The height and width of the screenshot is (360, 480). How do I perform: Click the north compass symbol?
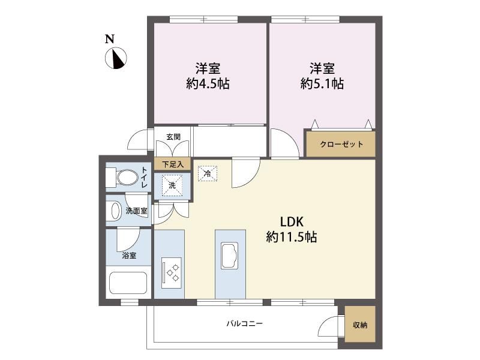point(116,58)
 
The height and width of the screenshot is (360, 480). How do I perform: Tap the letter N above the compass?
point(110,39)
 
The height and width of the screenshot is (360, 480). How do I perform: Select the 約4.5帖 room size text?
point(208,83)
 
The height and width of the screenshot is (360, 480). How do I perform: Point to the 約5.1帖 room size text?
point(322,83)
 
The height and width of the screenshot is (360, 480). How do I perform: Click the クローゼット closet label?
point(341,144)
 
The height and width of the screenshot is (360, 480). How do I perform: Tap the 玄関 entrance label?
point(173,137)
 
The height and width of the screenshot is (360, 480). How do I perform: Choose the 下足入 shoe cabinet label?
point(173,164)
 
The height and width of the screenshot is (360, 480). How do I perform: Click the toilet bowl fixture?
point(122,178)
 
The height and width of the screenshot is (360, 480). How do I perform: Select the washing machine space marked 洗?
point(172,185)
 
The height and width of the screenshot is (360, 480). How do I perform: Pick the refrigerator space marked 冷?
point(208,173)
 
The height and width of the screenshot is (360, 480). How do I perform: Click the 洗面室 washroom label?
point(137,211)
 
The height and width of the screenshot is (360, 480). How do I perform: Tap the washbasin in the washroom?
point(116,211)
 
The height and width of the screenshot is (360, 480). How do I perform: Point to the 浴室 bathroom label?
point(129,256)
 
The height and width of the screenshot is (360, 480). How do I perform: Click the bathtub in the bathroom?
point(128,283)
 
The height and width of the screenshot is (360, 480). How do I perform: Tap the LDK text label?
point(292,221)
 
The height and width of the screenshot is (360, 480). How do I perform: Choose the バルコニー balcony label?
point(245,323)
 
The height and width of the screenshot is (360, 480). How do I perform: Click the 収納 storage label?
point(360,325)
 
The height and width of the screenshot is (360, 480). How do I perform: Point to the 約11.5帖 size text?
point(292,237)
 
